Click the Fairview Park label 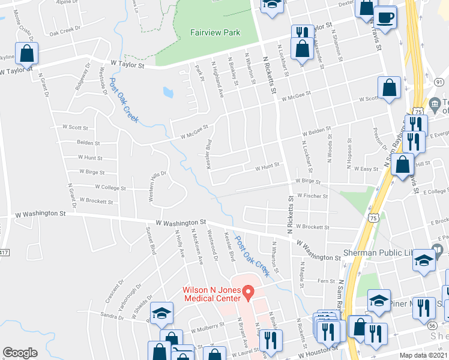tap(215, 32)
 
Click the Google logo tap(20, 353)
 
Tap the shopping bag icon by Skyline tap(27, 54)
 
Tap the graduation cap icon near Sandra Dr tap(162, 314)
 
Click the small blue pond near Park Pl tap(169, 92)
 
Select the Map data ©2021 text tap(423, 355)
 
